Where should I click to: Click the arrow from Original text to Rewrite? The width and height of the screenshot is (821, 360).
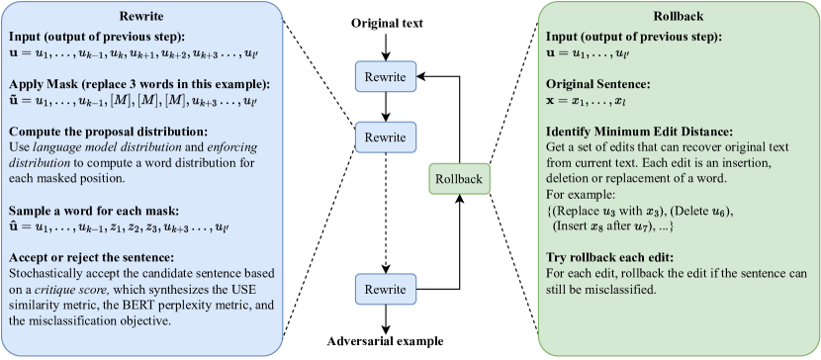pyautogui.click(x=387, y=44)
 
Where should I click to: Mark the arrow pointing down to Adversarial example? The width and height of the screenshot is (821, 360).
pyautogui.click(x=387, y=319)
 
